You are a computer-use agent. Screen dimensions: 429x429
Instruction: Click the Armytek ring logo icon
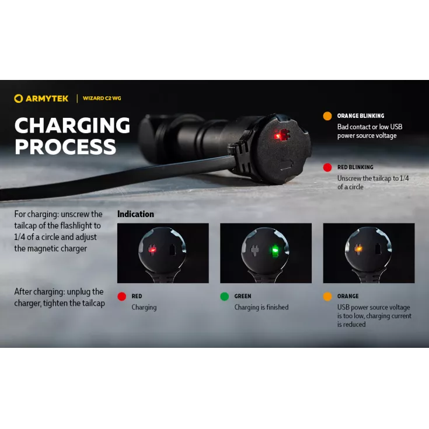18,99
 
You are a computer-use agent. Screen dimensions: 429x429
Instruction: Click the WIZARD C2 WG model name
102,98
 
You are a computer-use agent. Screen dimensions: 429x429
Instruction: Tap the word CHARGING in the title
72,125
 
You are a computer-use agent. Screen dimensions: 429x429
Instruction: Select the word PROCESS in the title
65,147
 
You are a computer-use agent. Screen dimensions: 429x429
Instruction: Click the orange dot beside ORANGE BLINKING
327,116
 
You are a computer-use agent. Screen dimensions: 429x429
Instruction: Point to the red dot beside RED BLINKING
327,168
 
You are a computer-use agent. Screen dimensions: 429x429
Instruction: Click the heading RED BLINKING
355,167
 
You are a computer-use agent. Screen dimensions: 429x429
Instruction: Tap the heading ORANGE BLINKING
361,116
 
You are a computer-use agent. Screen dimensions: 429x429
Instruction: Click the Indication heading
135,214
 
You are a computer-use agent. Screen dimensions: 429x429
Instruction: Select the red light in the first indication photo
152,250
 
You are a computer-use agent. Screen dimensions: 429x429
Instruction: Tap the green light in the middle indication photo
275,250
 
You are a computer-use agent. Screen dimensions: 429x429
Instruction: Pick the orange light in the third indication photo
358,249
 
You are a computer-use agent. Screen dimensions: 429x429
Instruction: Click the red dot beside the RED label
122,297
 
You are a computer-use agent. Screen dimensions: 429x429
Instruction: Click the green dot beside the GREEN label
224,297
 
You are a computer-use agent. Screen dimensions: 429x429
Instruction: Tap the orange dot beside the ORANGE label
327,297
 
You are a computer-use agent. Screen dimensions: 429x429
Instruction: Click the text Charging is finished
261,308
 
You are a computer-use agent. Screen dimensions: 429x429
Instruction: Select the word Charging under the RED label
144,308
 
